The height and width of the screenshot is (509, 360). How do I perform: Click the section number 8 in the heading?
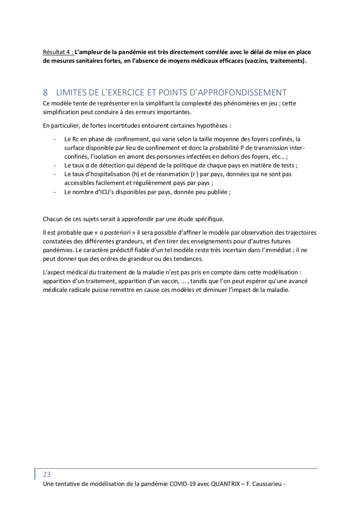(x=45, y=92)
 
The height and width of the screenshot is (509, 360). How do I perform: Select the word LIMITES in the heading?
(x=71, y=92)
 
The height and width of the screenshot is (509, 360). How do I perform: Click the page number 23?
(x=47, y=474)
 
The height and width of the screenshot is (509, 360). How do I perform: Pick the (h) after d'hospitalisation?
(x=136, y=174)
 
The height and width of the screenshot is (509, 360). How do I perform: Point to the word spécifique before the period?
(x=209, y=219)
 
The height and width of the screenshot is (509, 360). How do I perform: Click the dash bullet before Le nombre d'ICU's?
(x=54, y=192)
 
